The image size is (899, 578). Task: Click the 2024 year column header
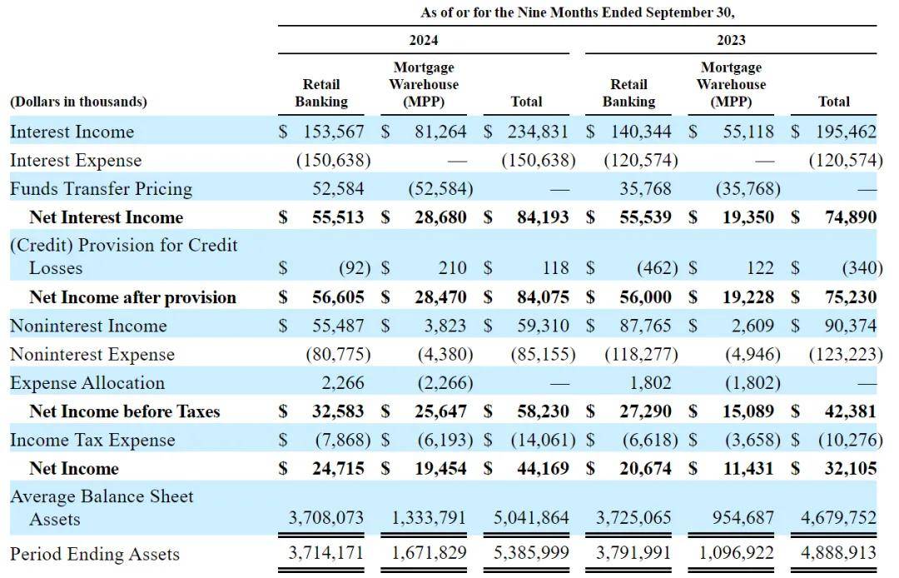(423, 40)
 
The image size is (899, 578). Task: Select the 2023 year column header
(731, 40)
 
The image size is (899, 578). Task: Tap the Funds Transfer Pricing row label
(101, 189)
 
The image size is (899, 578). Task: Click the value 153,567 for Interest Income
(334, 132)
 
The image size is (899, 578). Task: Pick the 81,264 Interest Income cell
(440, 132)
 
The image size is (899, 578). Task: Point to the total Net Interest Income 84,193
(543, 217)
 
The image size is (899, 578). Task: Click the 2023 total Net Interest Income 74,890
(851, 217)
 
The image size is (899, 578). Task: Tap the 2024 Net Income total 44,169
(543, 468)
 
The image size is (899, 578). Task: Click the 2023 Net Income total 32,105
(851, 468)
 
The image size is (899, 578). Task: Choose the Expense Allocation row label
(87, 383)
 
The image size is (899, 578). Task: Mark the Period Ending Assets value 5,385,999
(531, 553)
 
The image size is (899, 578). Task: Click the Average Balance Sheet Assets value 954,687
(743, 518)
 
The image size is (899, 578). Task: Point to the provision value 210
(453, 268)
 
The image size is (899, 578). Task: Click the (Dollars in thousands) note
(78, 102)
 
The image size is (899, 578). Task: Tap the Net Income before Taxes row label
(124, 411)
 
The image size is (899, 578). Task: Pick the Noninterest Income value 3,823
(445, 326)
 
